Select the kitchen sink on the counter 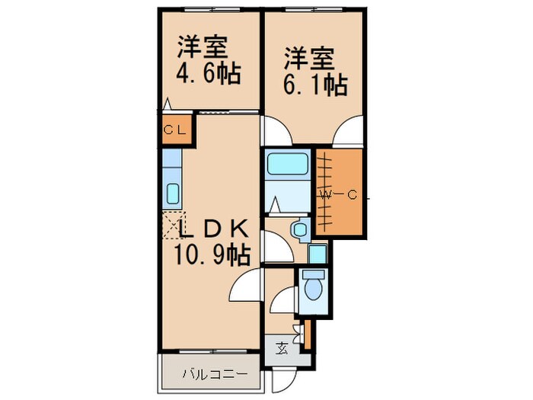point(172,193)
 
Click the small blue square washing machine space point(318,254)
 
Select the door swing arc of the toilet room point(283,299)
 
